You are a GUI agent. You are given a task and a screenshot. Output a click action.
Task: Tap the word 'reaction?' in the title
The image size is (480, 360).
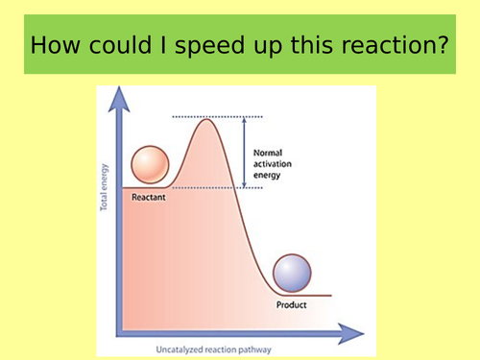(x=396, y=45)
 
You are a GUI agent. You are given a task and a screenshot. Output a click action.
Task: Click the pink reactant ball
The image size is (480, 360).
(x=150, y=165)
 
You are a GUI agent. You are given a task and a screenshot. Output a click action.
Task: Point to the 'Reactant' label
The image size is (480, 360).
(x=148, y=197)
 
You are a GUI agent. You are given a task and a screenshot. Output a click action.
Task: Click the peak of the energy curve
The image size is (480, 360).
(x=208, y=119)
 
